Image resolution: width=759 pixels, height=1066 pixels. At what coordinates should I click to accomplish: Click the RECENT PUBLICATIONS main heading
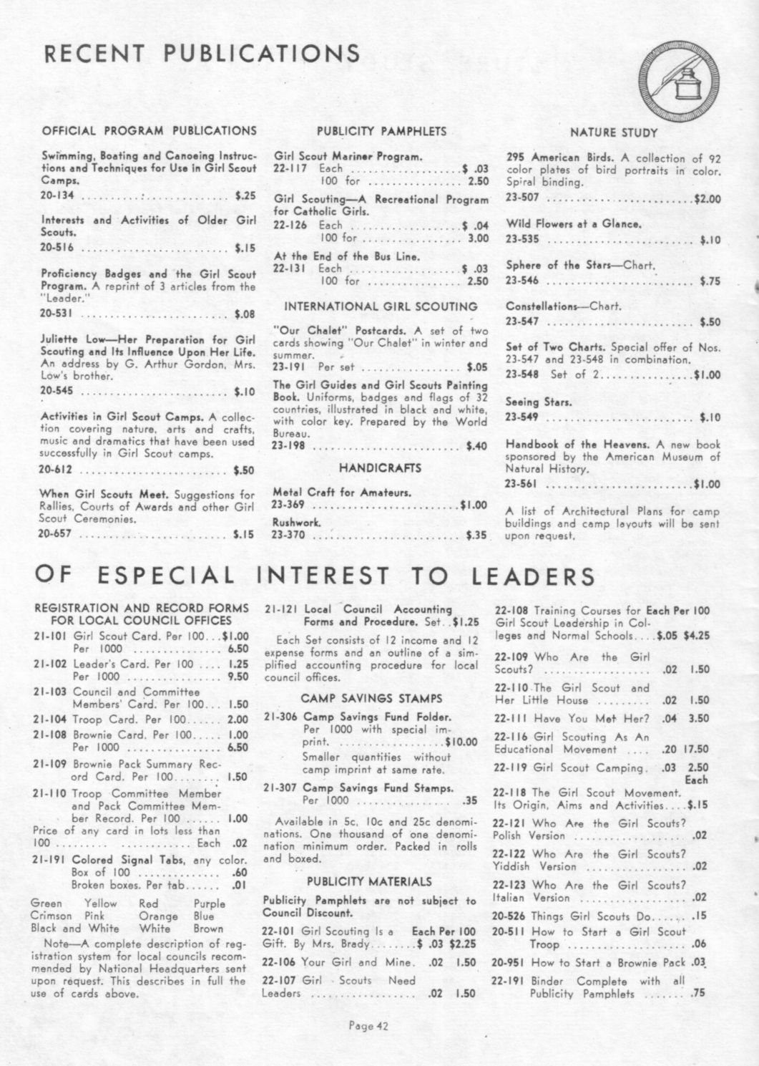click(202, 53)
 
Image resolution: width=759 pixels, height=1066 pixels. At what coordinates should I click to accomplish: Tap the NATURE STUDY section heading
click(613, 132)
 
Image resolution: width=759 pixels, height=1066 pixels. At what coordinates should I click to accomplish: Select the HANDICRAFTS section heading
click(380, 467)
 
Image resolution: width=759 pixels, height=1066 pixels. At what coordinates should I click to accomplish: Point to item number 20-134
click(57, 195)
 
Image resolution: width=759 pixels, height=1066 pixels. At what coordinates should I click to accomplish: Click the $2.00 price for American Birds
click(707, 199)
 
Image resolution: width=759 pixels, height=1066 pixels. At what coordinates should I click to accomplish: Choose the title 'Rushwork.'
click(296, 523)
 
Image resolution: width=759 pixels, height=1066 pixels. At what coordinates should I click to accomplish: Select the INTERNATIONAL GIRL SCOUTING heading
click(381, 306)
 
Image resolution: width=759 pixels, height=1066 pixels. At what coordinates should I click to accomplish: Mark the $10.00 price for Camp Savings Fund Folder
click(461, 742)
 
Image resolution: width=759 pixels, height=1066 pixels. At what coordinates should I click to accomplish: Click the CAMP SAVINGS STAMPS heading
click(371, 698)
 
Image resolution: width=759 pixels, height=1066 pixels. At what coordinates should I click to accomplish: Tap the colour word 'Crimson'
click(51, 916)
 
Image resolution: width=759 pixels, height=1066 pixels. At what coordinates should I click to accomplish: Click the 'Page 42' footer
click(368, 1026)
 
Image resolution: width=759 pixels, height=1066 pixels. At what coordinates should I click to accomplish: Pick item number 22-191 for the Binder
click(509, 981)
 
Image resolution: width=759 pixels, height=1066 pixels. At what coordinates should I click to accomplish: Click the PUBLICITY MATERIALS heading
click(369, 881)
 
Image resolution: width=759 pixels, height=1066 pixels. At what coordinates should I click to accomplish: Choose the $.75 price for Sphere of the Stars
click(710, 281)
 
